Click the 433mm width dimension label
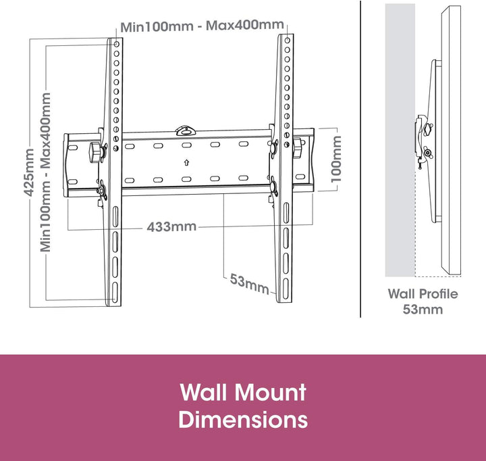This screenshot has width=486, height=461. pyautogui.click(x=171, y=226)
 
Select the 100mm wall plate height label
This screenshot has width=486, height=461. pyautogui.click(x=335, y=159)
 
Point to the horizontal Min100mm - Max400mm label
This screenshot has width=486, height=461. pyautogui.click(x=202, y=26)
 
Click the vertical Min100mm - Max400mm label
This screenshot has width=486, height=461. pyautogui.click(x=47, y=172)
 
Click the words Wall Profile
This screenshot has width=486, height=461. pyautogui.click(x=423, y=294)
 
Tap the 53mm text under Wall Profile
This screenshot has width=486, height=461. pyautogui.click(x=423, y=310)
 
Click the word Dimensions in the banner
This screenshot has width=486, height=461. pyautogui.click(x=243, y=419)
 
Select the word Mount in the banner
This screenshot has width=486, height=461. pyautogui.click(x=271, y=392)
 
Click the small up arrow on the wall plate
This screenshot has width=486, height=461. pyautogui.click(x=186, y=162)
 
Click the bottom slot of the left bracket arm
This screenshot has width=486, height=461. pyautogui.click(x=115, y=292)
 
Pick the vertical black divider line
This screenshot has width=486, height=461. pyautogui.click(x=361, y=159)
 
